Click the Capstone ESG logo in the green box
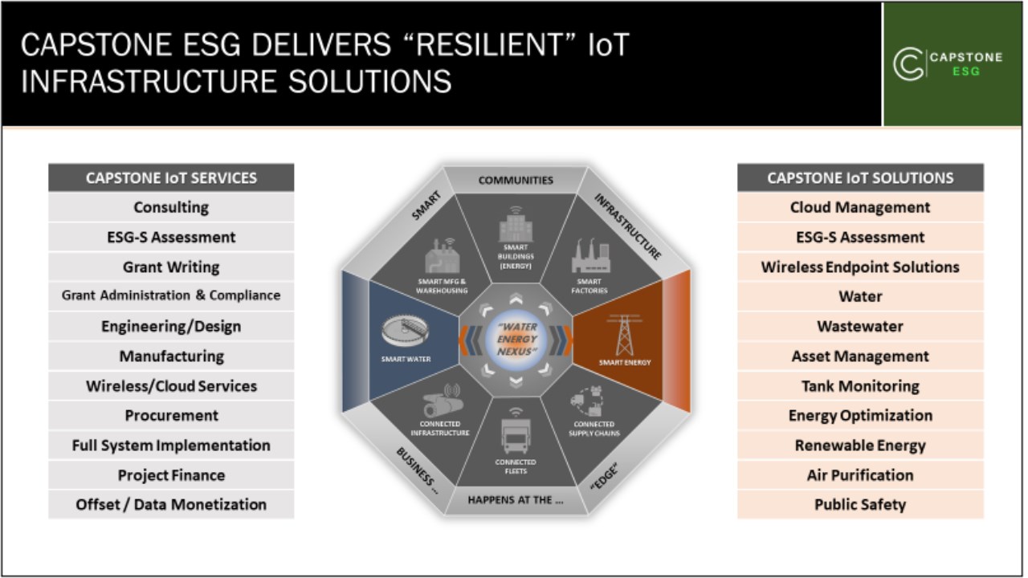948,63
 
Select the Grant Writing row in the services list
171,267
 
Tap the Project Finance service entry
171,475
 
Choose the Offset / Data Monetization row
171,505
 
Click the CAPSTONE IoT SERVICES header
171,177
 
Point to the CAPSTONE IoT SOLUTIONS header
860,177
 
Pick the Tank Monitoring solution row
860,386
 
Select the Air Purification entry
860,475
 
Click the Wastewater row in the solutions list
860,326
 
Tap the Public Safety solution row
860,505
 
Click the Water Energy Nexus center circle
516,340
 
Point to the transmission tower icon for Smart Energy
624,336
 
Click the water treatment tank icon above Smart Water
406,330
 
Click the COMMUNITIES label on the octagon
516,181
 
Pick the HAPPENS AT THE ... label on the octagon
516,500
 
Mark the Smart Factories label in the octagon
589,286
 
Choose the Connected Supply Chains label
594,429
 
